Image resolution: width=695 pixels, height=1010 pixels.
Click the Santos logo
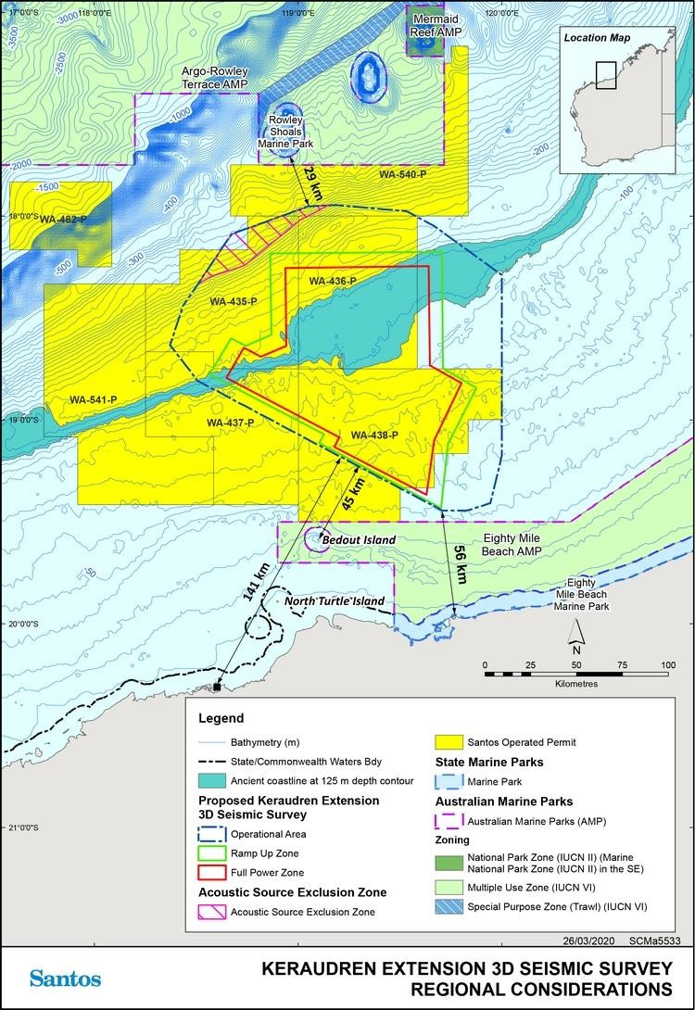(65, 978)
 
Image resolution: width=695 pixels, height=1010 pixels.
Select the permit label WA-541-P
(93, 400)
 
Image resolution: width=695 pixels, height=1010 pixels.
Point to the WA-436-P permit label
(332, 281)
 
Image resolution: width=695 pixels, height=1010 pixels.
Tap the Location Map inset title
(600, 38)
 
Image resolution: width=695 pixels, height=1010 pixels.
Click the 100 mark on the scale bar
(667, 665)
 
